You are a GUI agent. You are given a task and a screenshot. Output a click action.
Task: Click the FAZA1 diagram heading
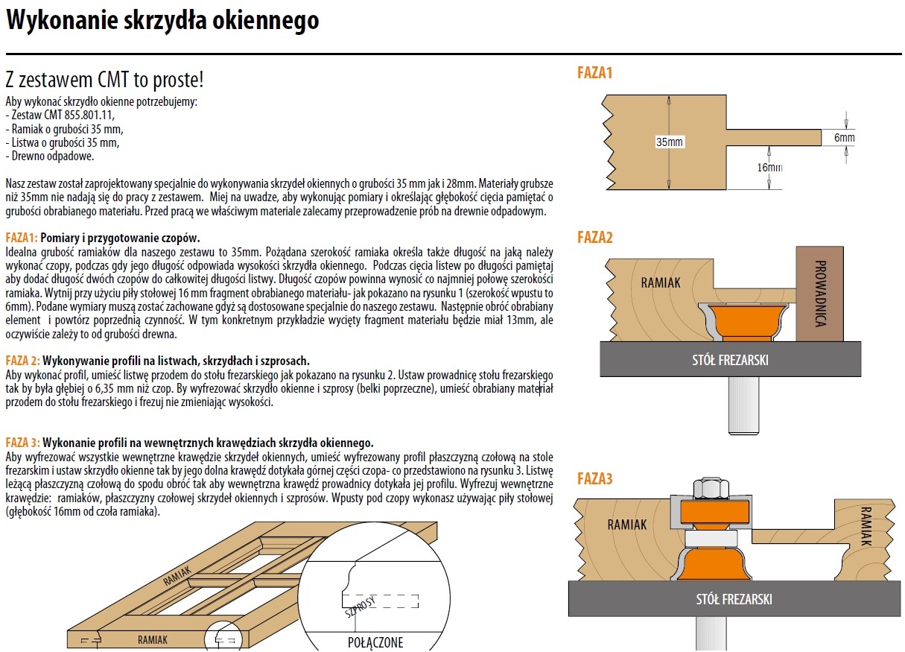point(594,73)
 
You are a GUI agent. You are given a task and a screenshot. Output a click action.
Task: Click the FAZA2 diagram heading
point(594,238)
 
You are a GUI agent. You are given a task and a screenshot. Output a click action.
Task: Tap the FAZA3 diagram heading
point(594,478)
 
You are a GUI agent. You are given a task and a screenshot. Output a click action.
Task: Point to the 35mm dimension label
point(670,142)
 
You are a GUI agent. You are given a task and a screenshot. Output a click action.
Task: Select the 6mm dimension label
point(844,138)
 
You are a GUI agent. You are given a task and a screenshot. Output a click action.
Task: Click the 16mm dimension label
point(769,168)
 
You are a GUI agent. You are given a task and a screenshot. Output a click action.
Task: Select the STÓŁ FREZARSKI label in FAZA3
point(734,599)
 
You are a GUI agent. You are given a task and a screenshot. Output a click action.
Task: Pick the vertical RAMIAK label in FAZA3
point(865,527)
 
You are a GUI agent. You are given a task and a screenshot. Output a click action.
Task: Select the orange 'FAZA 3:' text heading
point(22,442)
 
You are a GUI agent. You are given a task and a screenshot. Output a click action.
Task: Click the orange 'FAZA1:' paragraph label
point(21,238)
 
